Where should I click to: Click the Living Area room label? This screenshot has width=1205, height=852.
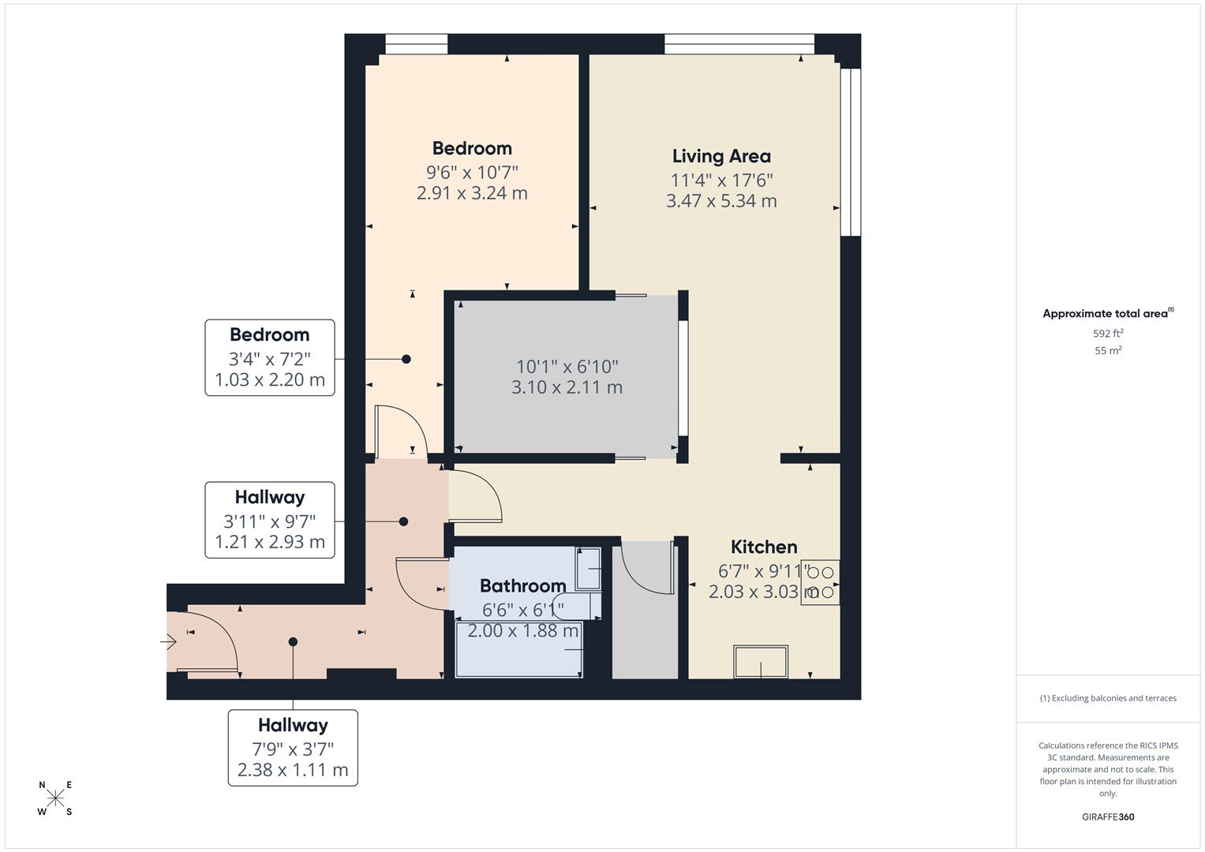pyautogui.click(x=721, y=156)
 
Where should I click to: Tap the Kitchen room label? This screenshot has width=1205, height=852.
pyautogui.click(x=763, y=547)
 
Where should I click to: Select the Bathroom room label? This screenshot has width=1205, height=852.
pyautogui.click(x=522, y=585)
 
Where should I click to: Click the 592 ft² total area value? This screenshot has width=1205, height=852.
pyautogui.click(x=1108, y=334)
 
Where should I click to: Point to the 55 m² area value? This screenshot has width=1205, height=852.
pyautogui.click(x=1108, y=351)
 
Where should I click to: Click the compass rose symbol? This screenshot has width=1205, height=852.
pyautogui.click(x=55, y=798)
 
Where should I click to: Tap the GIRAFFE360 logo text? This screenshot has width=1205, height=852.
pyautogui.click(x=1108, y=817)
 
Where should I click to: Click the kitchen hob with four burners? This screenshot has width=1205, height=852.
pyautogui.click(x=820, y=582)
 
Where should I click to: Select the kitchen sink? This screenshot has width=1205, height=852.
pyautogui.click(x=761, y=661)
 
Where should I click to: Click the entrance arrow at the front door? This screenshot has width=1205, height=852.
pyautogui.click(x=169, y=641)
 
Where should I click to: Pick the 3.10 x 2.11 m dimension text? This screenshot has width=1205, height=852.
pyautogui.click(x=567, y=387)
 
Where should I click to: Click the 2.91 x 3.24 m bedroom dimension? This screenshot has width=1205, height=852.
pyautogui.click(x=472, y=193)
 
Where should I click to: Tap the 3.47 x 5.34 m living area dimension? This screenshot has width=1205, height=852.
pyautogui.click(x=721, y=201)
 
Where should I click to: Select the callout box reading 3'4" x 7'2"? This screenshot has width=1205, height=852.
pyautogui.click(x=270, y=357)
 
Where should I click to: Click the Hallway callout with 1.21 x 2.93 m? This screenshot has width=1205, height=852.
pyautogui.click(x=270, y=520)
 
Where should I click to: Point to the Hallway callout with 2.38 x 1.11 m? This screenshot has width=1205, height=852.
pyautogui.click(x=293, y=748)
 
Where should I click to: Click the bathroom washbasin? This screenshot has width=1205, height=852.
pyautogui.click(x=588, y=569)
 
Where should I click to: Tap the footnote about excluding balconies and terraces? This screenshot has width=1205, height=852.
pyautogui.click(x=1108, y=698)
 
